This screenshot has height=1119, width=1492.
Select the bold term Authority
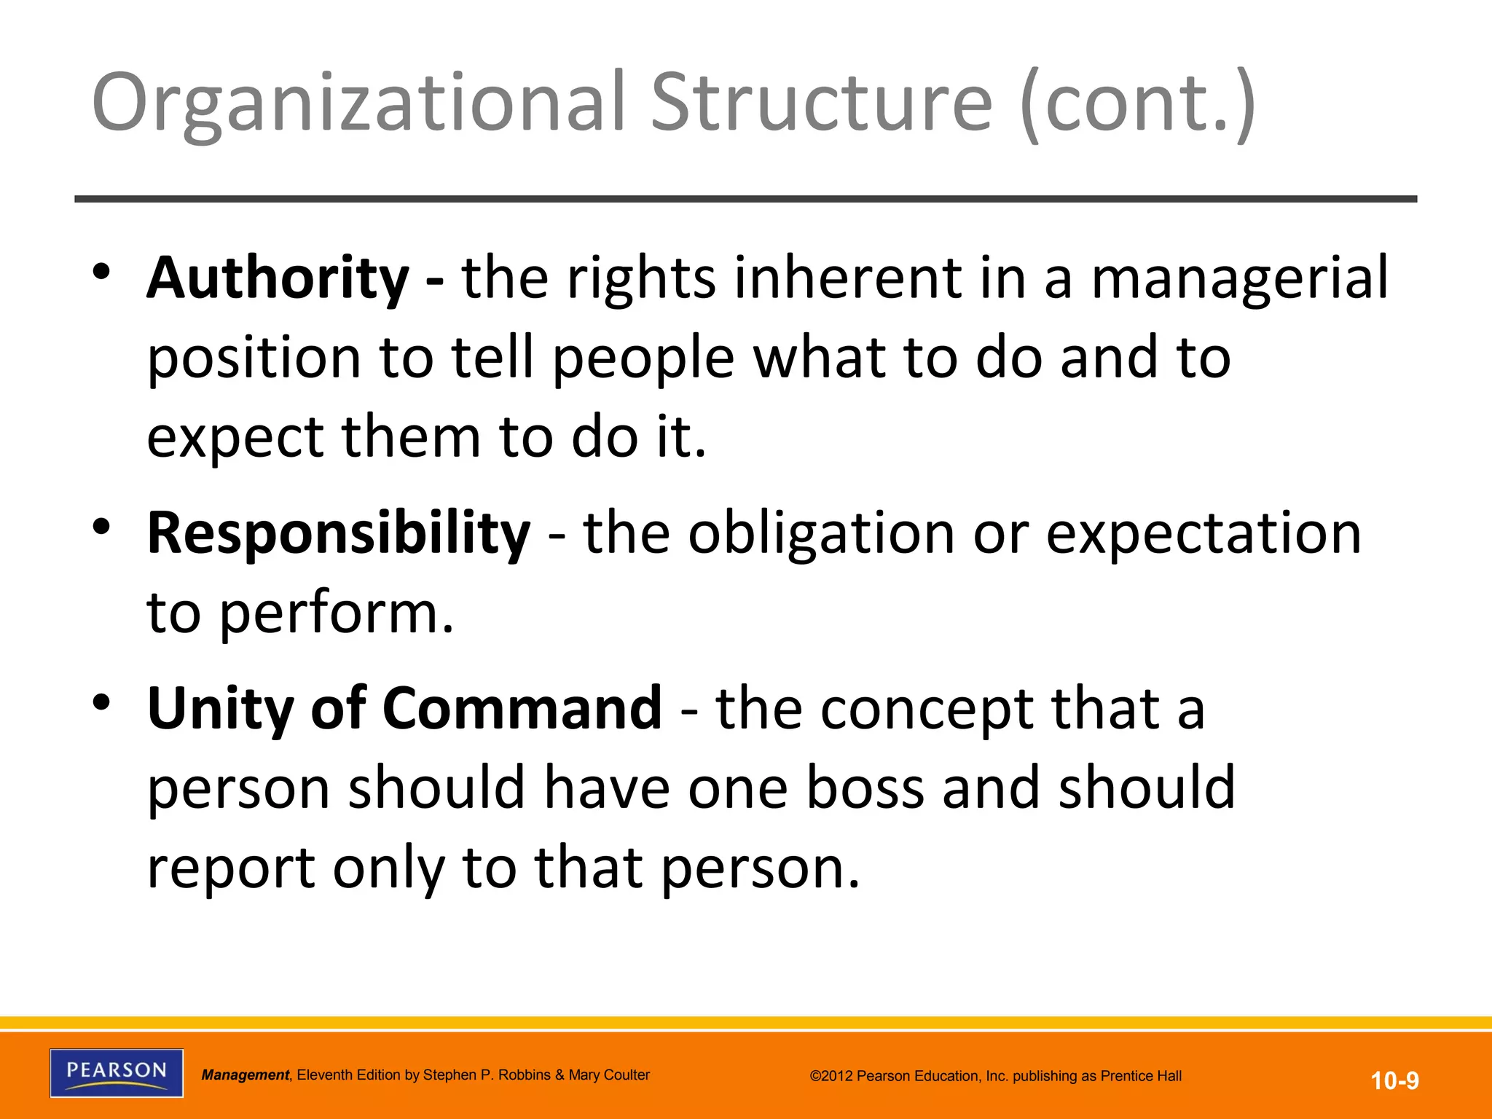click(278, 278)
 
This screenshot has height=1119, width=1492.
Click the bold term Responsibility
click(339, 533)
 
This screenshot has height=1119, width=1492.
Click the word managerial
click(1239, 278)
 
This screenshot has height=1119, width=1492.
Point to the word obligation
click(821, 533)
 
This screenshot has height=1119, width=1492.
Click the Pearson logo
click(117, 1072)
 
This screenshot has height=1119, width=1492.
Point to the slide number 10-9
click(1394, 1080)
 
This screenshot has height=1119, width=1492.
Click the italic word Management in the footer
click(246, 1075)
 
